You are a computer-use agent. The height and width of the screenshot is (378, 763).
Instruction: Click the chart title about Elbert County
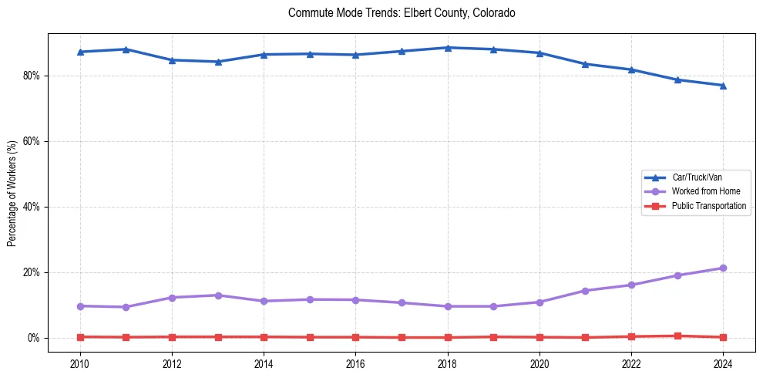(402, 13)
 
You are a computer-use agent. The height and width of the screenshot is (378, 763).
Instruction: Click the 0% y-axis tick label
(34, 338)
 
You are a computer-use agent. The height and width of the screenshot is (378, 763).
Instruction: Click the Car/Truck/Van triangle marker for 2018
(447, 48)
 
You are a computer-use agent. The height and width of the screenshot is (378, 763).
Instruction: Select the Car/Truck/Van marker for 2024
(723, 86)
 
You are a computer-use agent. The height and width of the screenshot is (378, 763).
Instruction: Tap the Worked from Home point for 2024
(723, 268)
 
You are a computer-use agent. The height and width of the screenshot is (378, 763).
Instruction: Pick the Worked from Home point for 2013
(217, 295)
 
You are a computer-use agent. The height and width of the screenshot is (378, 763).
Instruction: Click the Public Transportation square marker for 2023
(677, 336)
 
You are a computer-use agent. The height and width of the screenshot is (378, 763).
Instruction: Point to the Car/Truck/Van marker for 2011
(126, 49)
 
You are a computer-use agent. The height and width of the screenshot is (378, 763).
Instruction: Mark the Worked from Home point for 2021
(585, 291)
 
